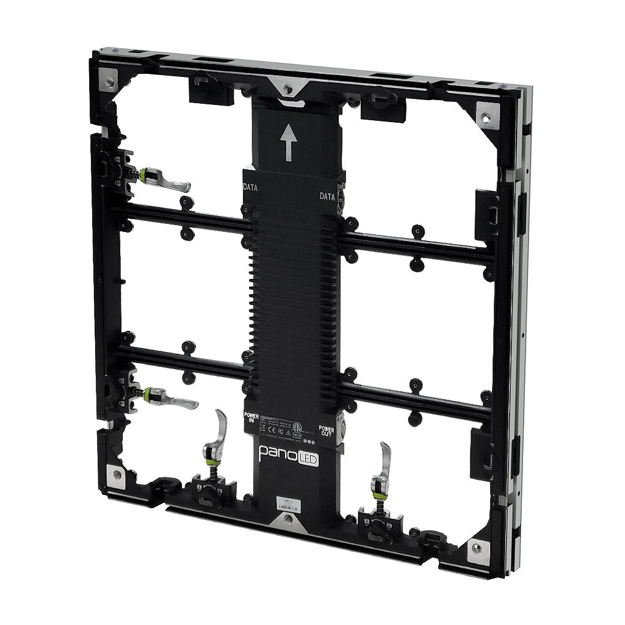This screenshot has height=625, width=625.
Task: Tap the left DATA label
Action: click(x=250, y=188)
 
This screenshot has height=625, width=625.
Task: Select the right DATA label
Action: click(x=328, y=196)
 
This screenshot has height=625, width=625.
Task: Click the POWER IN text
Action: click(x=251, y=418)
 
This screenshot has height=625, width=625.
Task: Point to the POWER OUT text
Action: click(x=326, y=431)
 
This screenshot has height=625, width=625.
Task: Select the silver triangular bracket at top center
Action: click(x=287, y=89)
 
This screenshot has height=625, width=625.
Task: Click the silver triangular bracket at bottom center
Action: click(x=287, y=520)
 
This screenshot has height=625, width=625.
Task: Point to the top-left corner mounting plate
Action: click(x=109, y=81)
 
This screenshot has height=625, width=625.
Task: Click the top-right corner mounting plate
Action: click(x=487, y=115)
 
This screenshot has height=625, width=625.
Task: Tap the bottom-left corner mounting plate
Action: click(x=114, y=474)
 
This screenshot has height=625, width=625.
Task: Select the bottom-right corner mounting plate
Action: click(x=475, y=547)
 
